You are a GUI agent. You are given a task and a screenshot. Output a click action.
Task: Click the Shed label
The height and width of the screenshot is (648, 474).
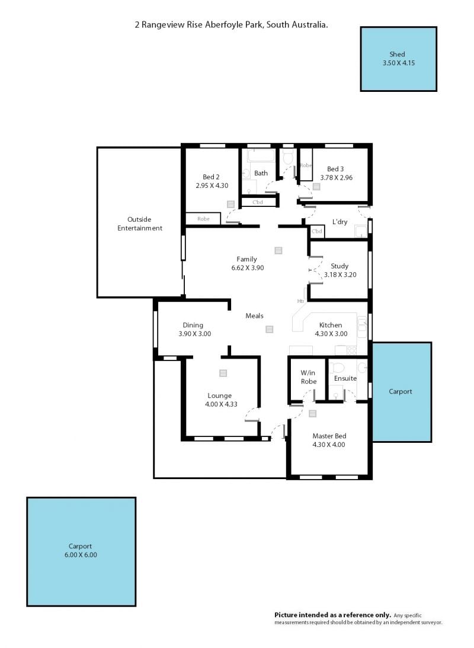coord(397,54)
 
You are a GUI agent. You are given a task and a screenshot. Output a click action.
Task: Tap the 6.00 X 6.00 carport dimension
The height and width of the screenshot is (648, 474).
coord(81,555)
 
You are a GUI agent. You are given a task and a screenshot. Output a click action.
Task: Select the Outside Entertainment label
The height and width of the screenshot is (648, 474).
coord(140,224)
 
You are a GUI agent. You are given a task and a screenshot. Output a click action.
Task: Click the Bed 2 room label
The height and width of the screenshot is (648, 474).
coord(211,177)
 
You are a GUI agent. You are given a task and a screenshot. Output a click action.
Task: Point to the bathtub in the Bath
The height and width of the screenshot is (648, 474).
coord(261,155)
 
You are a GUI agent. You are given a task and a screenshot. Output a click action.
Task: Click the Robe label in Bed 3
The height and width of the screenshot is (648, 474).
coord(306,165)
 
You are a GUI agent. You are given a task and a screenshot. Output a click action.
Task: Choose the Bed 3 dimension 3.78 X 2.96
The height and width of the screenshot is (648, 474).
coord(337,178)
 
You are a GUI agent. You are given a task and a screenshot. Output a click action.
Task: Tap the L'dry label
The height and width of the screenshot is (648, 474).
coord(340,222)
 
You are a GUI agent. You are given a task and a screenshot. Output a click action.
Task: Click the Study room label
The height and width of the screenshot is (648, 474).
coord(340,266)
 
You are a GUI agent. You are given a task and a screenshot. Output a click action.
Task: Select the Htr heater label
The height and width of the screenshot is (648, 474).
coord(300,301)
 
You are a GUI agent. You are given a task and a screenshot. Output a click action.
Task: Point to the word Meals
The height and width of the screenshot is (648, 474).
coord(254,316)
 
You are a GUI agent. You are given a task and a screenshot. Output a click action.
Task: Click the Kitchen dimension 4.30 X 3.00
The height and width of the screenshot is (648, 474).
coord(331,334)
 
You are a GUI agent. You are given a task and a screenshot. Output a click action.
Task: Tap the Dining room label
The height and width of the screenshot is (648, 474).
coord(193,325)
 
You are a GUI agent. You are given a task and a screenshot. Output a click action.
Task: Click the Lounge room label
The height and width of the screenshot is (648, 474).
coord(219,396)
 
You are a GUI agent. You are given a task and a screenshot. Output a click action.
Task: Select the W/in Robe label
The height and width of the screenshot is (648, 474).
coord(309,377)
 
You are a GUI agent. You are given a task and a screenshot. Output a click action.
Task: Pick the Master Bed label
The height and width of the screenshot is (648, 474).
coord(329,436)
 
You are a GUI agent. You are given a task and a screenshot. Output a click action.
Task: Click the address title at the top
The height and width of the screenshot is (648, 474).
coord(231,25)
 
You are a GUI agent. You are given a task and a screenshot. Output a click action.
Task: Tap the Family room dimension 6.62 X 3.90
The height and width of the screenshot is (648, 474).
coord(248,268)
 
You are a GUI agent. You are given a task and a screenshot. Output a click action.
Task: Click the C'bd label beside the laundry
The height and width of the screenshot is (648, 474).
coord(316,231)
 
